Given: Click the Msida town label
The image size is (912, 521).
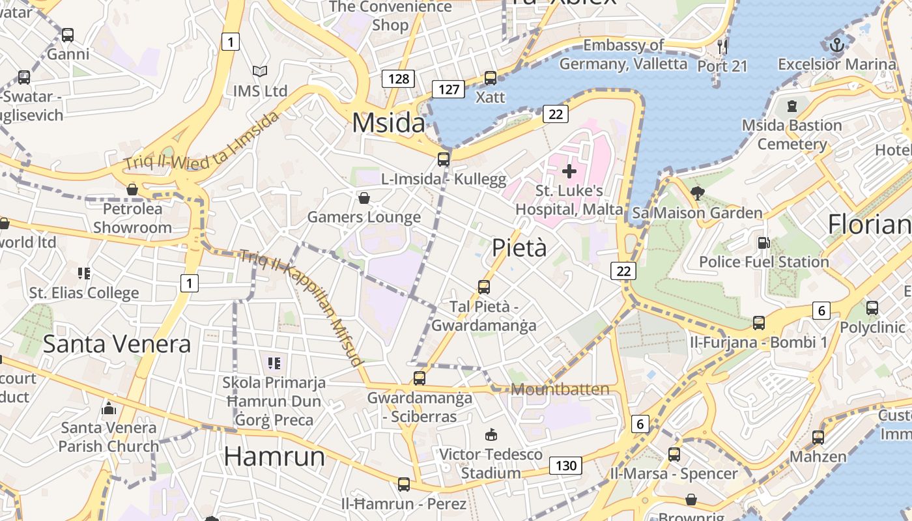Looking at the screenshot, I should pos(388,123).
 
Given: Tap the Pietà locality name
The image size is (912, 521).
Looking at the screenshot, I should pos(519,248).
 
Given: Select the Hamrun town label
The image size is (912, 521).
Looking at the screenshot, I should pos(274,457).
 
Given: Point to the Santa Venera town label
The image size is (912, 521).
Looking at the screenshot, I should pos(117,344).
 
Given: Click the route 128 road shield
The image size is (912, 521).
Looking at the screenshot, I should pos(398,79).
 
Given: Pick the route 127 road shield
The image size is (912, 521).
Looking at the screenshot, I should pos(449,89).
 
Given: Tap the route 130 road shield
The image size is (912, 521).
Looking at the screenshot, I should pos(565,466).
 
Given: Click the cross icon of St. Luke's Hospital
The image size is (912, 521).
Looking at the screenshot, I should pos(569,171).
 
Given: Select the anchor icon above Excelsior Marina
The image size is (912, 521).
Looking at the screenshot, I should pos(837,45).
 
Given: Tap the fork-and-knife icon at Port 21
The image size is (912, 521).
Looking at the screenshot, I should pos(722,46).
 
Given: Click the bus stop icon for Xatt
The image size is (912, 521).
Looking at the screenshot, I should pos(491,78).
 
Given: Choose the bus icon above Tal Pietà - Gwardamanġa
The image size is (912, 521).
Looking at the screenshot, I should pos(483,287).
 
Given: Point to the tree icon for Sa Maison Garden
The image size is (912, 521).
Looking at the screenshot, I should pos(697,193).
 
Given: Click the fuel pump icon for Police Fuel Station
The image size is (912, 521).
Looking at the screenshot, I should pos(763,242).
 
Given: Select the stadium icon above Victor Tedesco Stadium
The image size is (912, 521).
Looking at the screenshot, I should pos(491,434).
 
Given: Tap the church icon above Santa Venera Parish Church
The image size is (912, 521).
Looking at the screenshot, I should pos(109,408).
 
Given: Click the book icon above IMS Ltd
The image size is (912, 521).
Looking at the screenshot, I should pos(260,71).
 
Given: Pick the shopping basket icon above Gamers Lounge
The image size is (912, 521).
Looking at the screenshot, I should pos(364,197).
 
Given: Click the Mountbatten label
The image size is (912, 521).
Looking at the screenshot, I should pos(560,389).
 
